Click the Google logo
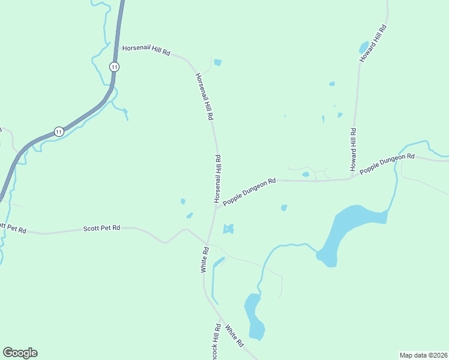pyautogui.click(x=20, y=353)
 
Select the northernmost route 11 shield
pyautogui.click(x=113, y=67)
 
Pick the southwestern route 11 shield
pyautogui.click(x=58, y=131)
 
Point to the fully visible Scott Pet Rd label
pyautogui.click(x=101, y=229)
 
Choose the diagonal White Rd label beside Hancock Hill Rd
pyautogui.click(x=234, y=335)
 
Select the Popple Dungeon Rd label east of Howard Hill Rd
pyautogui.click(x=387, y=164)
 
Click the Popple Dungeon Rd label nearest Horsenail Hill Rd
pyautogui.click(x=249, y=191)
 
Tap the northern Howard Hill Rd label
pyautogui.click(x=373, y=44)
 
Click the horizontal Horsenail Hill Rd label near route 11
pyautogui.click(x=146, y=50)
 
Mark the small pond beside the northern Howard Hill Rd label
pyautogui.click(x=364, y=47)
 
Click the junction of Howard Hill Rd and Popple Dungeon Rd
pyautogui.click(x=352, y=178)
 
